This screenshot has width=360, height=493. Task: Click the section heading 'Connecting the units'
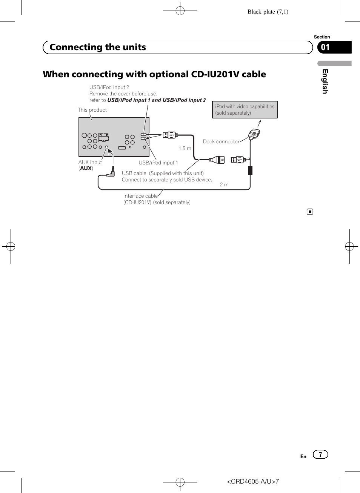click(x=98, y=47)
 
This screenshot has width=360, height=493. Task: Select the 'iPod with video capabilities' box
click(x=245, y=109)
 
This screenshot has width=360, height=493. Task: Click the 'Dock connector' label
click(x=221, y=142)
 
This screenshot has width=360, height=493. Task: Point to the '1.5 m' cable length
click(x=185, y=149)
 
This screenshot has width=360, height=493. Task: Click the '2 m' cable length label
click(x=224, y=185)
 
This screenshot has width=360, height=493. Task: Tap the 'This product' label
click(x=92, y=110)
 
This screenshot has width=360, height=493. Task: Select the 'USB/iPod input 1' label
click(x=158, y=163)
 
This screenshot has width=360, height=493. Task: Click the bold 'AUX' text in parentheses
click(x=86, y=169)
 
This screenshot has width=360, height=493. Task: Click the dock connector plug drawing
click(x=254, y=134)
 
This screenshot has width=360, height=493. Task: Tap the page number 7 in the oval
click(x=320, y=455)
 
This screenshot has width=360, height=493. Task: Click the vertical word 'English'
click(x=325, y=81)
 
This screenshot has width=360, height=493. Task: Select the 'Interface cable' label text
click(x=140, y=196)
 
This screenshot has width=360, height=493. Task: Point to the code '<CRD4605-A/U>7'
click(x=252, y=482)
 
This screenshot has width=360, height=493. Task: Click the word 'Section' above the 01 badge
click(x=322, y=37)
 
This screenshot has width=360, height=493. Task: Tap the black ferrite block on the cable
click(x=250, y=170)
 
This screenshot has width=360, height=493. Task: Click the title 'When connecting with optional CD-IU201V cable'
click(x=154, y=74)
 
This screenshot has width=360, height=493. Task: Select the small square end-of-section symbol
click(x=310, y=212)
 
